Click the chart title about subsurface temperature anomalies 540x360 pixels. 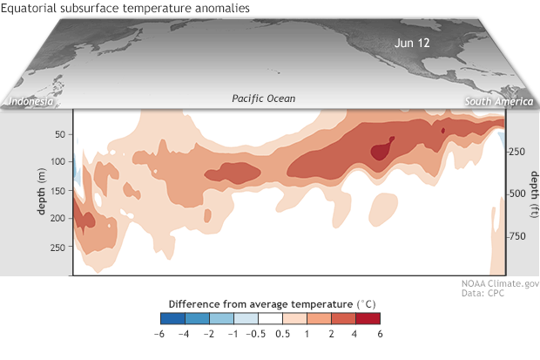pos(125,8)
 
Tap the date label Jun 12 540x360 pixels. pos(412,43)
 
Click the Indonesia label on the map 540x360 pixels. pos(31,101)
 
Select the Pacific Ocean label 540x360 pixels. pos(263,98)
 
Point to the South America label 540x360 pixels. pos(499,101)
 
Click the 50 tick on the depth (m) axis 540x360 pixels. pos(60,134)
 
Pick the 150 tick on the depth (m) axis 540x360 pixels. pos(57,191)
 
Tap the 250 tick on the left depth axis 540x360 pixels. pos(57,248)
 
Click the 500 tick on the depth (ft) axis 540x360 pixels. pos(517,194)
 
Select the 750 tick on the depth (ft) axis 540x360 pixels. pos(517,236)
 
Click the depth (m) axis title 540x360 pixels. pos(41,191)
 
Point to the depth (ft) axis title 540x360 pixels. pos(534,194)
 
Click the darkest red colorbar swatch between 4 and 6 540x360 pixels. pos(368,318)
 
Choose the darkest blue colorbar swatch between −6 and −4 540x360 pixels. pos(172,318)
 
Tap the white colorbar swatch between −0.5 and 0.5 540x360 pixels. pos(270,318)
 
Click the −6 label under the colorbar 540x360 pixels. pos(159,334)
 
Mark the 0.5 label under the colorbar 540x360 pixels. pos(282,334)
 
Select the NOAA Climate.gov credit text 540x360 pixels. pos(500,283)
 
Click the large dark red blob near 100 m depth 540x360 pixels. pos(381,150)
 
